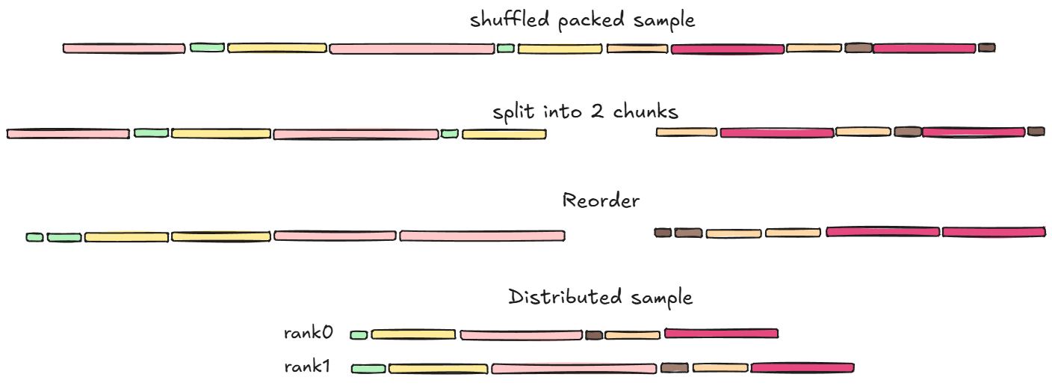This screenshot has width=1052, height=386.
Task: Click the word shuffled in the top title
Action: click(x=510, y=19)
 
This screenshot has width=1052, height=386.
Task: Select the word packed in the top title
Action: click(x=591, y=21)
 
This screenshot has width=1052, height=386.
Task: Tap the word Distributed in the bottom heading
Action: click(x=565, y=297)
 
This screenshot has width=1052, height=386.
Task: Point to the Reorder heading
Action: click(x=601, y=200)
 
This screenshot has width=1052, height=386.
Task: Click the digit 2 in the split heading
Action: click(x=597, y=111)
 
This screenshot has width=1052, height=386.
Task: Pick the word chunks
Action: click(x=646, y=111)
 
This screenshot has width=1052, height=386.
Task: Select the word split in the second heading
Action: click(x=513, y=112)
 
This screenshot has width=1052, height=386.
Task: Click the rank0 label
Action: click(x=309, y=333)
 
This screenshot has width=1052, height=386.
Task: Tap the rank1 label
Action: click(x=307, y=367)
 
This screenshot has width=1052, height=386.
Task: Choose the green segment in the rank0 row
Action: click(x=359, y=335)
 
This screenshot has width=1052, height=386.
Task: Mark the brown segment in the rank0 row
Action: click(x=594, y=335)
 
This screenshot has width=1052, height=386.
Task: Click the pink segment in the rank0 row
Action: click(x=522, y=335)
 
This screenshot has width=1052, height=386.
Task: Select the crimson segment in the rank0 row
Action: click(x=721, y=334)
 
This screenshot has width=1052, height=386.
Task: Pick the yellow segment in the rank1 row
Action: click(x=438, y=369)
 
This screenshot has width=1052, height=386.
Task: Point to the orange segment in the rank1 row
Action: click(x=720, y=367)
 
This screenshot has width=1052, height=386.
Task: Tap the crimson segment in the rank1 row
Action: click(x=802, y=367)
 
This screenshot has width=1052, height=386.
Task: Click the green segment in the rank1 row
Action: click(x=368, y=369)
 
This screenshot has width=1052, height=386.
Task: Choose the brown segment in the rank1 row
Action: click(x=675, y=367)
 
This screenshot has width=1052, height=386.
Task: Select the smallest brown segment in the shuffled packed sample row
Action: click(x=987, y=47)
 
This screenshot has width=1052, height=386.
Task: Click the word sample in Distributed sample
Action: click(x=662, y=298)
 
